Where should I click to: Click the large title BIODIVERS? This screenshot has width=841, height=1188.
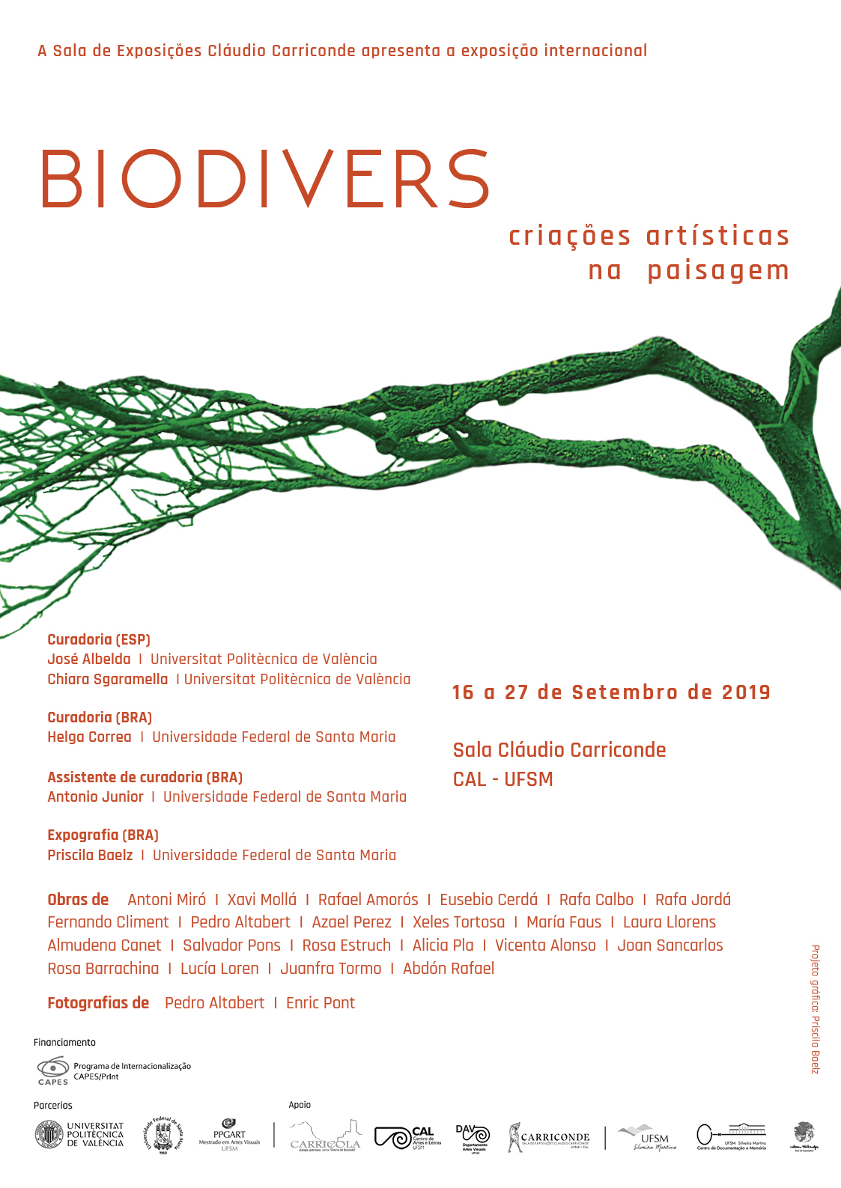264,180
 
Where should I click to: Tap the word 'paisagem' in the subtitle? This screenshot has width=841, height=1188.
718,270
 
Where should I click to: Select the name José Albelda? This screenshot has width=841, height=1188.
89,660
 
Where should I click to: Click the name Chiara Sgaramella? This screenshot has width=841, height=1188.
108,680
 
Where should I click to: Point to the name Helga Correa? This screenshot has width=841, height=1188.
89,737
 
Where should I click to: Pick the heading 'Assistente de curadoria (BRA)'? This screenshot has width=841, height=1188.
145,777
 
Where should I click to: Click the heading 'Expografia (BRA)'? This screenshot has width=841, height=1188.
103,835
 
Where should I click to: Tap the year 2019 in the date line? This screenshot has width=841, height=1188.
746,692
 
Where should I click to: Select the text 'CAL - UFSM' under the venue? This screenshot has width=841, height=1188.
503,779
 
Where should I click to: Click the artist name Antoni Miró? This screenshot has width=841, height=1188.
166,900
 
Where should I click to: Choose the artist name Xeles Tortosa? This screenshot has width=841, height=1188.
458,922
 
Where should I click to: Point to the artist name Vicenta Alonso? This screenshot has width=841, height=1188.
545,945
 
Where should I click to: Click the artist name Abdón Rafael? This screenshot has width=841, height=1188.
449,969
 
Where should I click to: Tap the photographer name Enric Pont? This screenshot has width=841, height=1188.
321,1003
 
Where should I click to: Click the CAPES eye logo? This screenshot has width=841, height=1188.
52,1069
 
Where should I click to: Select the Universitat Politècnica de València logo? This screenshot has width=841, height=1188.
79,1134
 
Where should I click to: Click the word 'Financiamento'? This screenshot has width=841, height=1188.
64,1042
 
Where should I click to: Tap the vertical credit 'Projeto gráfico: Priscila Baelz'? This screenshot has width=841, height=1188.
816,1009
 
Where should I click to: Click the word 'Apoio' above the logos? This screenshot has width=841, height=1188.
300,1105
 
